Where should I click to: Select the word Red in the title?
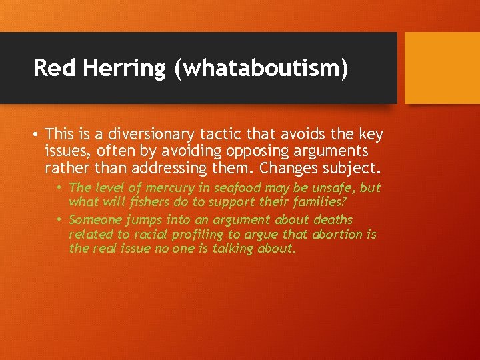(54, 68)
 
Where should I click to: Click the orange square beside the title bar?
(442, 67)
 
